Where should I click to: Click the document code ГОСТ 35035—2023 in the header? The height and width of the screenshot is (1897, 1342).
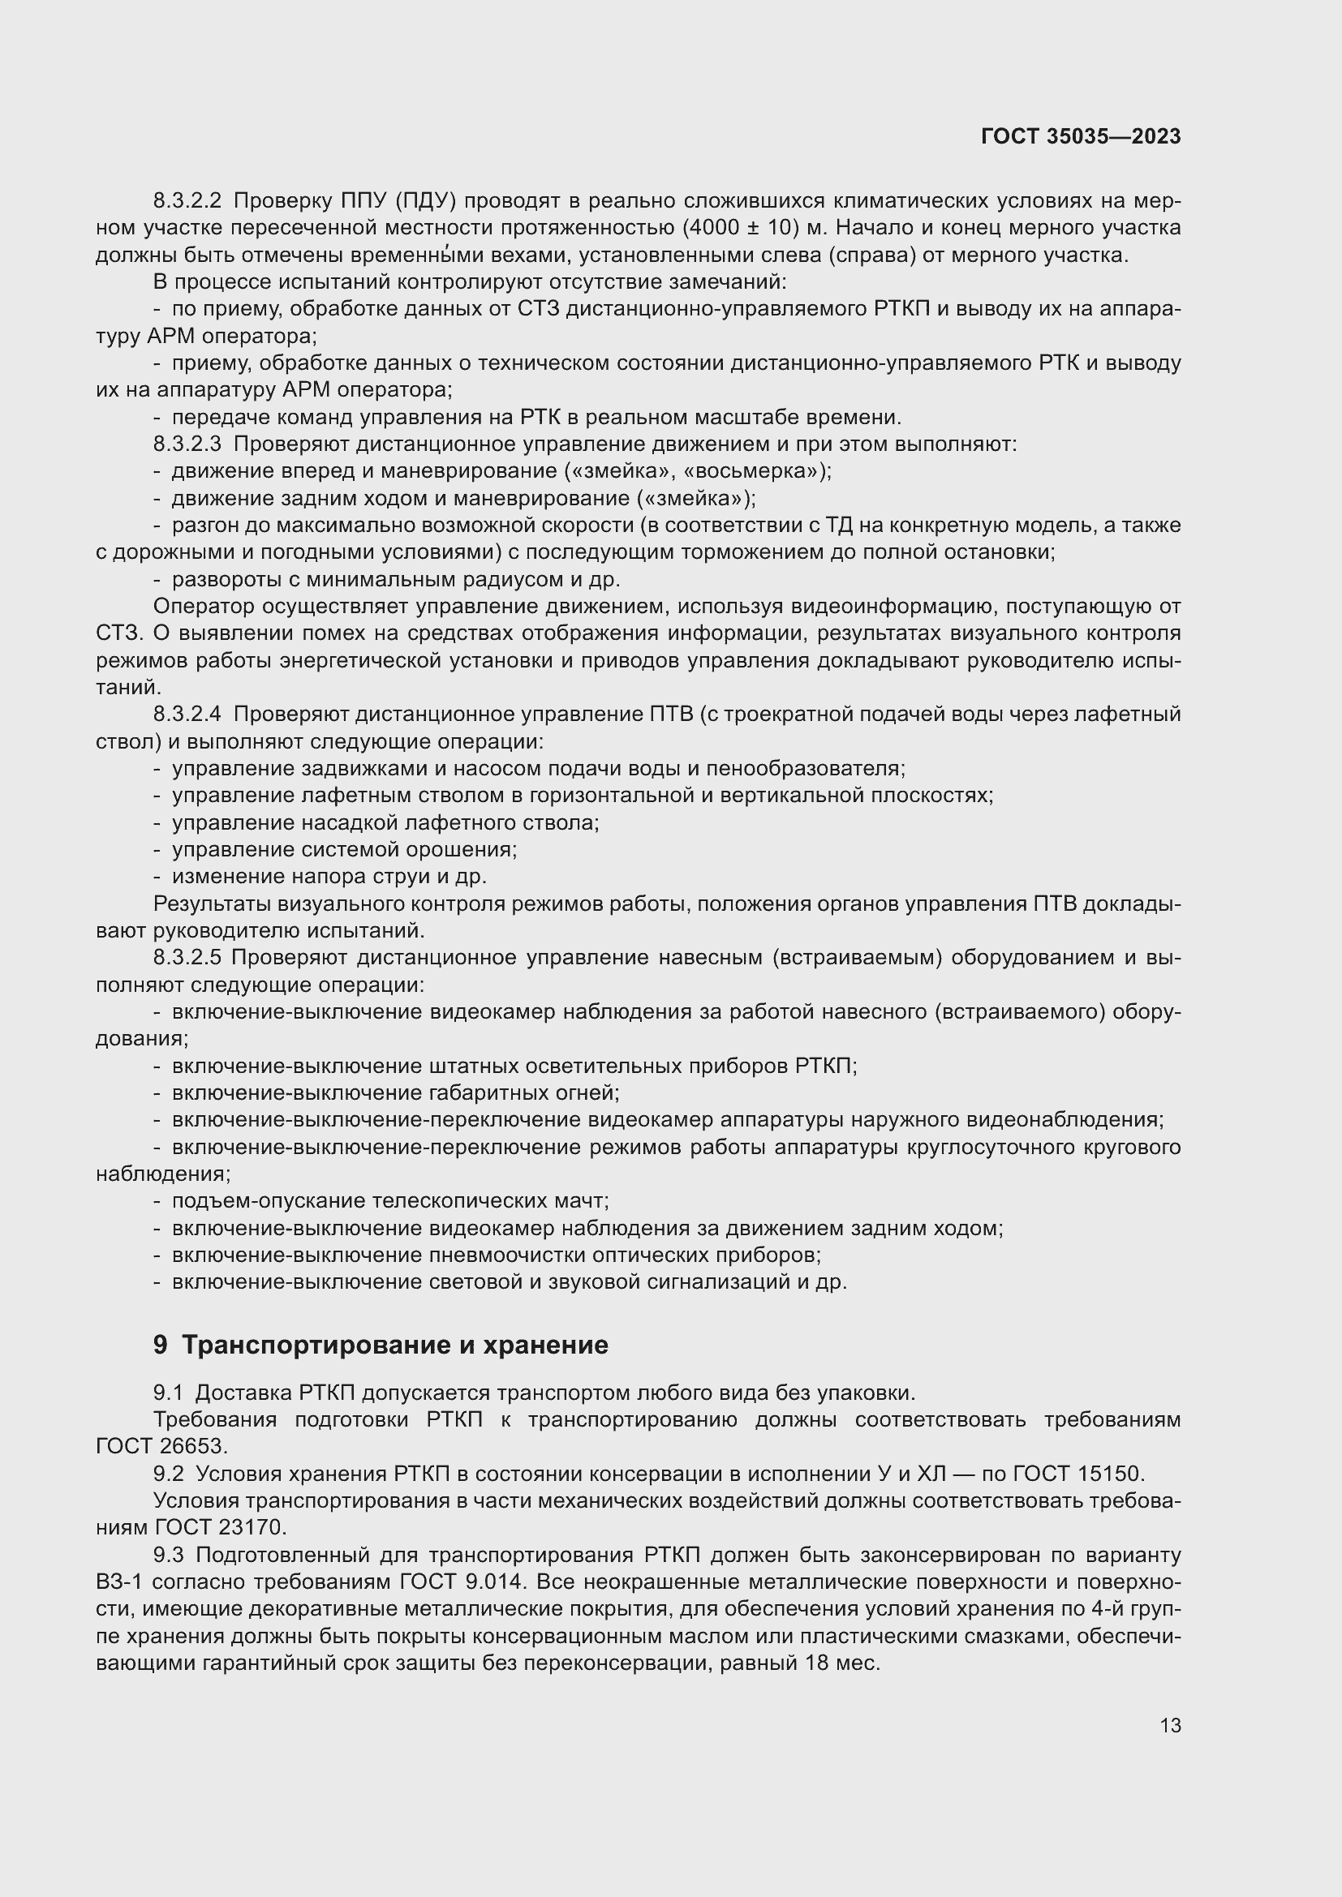coord(1080,137)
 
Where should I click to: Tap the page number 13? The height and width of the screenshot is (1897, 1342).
coord(1170,1726)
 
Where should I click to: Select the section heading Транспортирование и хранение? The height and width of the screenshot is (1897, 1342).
coord(394,1345)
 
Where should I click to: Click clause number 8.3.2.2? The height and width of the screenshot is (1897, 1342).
coord(187,201)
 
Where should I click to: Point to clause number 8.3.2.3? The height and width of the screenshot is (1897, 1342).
coord(187,444)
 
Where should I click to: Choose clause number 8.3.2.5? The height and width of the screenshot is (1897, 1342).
coord(187,958)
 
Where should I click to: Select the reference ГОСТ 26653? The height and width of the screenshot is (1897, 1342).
coord(161,1447)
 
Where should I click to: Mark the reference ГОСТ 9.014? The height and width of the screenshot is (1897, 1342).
coord(462,1582)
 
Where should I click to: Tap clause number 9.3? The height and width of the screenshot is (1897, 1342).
coord(168,1555)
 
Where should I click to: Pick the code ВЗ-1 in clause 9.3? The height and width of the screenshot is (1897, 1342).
coord(124,1582)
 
